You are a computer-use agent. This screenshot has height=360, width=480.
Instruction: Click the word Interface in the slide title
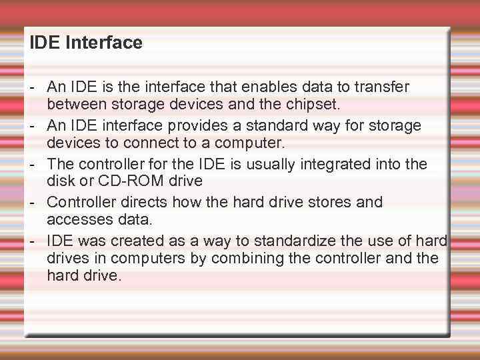(109, 43)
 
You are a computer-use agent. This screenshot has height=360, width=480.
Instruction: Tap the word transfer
(383, 87)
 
